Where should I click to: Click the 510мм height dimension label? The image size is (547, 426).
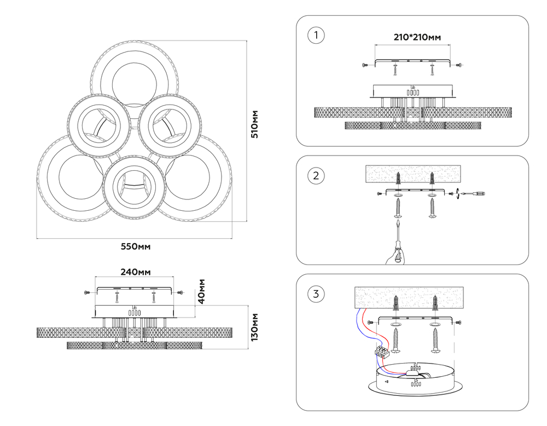coord(254,124)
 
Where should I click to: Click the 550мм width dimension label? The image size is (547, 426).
coord(135,246)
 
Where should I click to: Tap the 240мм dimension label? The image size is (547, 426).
coord(135,272)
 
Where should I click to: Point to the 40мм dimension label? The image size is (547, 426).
coord(201,291)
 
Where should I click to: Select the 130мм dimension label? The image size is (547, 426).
coord(255,327)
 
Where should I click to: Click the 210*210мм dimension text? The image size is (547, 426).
coord(417,37)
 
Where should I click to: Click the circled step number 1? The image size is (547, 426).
coord(316,36)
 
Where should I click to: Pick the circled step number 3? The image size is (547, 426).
coord(316,294)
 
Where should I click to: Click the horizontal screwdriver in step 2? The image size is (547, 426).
coord(473,193)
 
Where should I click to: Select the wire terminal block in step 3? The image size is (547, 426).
coord(382,352)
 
